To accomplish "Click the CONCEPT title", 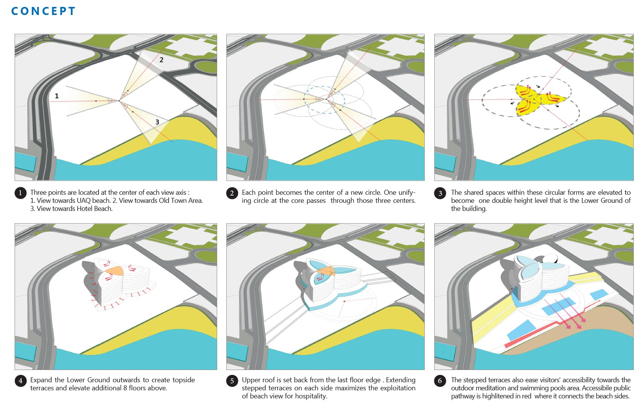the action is click(x=43, y=11).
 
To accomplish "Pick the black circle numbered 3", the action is click(x=440, y=193).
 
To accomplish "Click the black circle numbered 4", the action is click(x=20, y=381).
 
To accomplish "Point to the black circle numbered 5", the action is click(x=232, y=381).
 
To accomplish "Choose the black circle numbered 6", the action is click(x=440, y=381).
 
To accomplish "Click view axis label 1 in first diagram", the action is click(x=57, y=96).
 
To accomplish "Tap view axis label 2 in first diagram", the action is click(x=161, y=60).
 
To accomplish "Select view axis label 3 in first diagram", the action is click(x=157, y=122).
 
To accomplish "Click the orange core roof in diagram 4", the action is click(x=115, y=271).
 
